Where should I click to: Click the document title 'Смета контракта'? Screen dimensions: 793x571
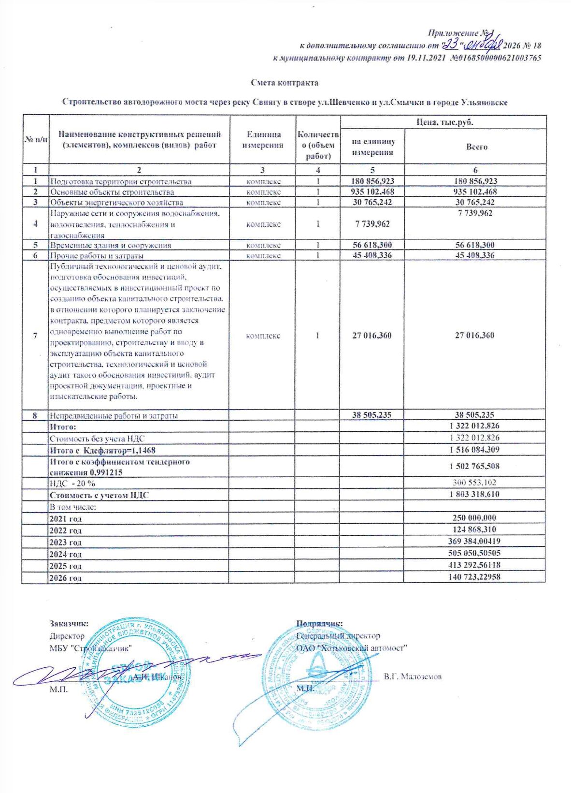285,83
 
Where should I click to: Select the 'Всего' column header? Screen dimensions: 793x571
476,147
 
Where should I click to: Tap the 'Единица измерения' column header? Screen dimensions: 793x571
262,140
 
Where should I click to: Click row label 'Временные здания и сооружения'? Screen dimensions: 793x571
111,245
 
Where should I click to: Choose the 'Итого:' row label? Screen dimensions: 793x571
63,426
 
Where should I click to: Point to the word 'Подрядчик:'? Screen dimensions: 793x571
319,624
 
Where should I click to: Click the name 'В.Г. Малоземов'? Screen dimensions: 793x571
413,676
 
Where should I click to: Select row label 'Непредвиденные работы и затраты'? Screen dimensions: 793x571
114,415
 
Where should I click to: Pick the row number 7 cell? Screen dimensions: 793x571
35,336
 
